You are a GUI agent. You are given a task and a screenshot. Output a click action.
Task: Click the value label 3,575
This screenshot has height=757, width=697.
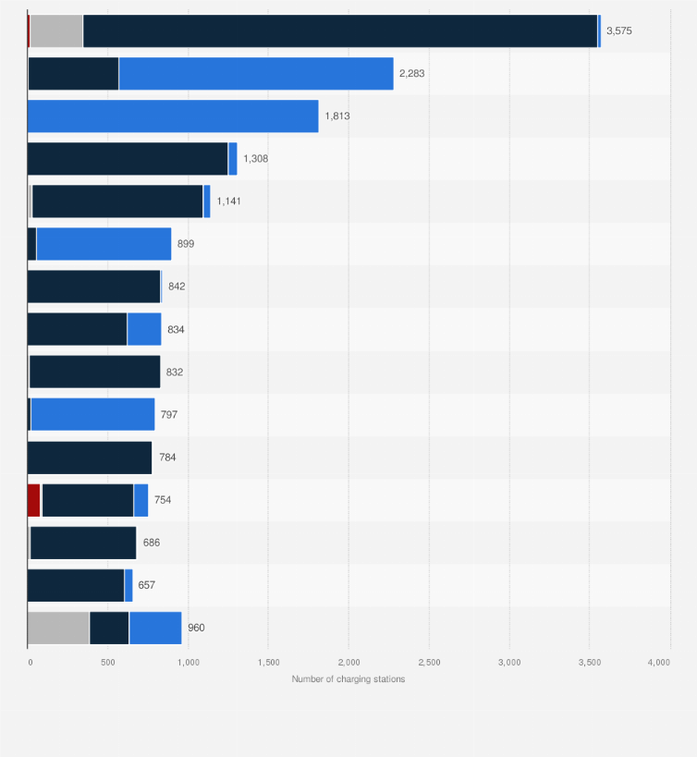[618, 31]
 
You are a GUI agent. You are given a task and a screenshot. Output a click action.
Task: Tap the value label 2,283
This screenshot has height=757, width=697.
[411, 73]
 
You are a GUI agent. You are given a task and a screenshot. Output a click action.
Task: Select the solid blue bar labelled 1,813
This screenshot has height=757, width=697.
[173, 116]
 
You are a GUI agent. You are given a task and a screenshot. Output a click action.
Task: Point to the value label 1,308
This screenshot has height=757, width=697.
[256, 159]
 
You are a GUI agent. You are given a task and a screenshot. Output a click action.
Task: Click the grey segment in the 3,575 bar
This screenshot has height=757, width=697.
[56, 31]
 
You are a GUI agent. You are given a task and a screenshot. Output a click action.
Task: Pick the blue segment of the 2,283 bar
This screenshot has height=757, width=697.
[256, 73]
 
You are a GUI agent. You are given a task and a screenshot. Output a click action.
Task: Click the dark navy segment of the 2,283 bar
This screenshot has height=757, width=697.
[73, 73]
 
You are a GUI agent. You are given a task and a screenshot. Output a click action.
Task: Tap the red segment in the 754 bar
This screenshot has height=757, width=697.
[34, 500]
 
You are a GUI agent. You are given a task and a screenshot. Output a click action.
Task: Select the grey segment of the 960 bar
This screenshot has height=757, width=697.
[58, 628]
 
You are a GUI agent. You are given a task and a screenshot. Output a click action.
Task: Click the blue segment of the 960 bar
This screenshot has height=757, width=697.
[155, 628]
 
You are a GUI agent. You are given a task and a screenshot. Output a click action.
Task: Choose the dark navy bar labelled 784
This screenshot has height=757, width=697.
[90, 458]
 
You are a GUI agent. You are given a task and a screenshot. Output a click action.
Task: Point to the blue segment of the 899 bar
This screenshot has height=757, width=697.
[104, 244]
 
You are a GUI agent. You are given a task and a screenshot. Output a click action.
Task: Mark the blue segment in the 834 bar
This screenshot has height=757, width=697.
[144, 329]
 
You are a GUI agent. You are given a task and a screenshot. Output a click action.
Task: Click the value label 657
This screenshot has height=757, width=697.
[147, 585]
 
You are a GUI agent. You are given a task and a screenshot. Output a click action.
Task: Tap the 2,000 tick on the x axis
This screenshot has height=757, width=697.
[348, 663]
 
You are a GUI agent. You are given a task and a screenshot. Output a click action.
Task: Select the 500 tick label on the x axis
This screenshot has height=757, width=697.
[108, 663]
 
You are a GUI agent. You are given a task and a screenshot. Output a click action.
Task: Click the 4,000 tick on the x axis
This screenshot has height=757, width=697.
[658, 663]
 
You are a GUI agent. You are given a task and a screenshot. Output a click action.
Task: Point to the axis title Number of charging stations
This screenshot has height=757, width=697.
[348, 679]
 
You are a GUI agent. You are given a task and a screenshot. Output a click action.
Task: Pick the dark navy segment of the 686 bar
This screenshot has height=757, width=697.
[83, 543]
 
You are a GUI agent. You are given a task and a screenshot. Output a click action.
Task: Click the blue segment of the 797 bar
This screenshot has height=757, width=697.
[92, 415]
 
